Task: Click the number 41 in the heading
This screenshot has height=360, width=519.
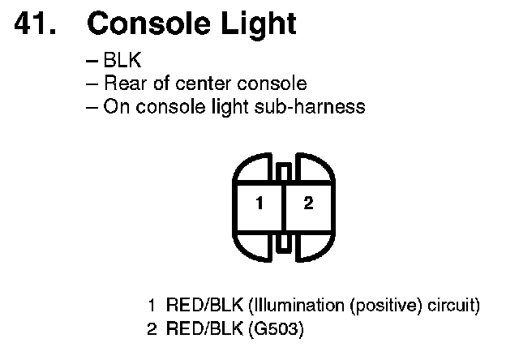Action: (x=35, y=24)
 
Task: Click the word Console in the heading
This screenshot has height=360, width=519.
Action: (x=139, y=24)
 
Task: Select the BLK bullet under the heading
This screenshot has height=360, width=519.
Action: (x=120, y=62)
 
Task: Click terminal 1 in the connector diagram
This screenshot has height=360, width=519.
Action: (x=259, y=204)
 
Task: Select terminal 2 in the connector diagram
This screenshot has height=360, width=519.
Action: (x=308, y=204)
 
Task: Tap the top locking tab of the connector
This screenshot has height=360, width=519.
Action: (x=283, y=172)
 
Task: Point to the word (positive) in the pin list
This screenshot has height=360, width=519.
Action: (x=386, y=306)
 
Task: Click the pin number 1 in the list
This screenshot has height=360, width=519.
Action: (x=152, y=306)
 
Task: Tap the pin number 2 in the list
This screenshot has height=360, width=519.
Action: (x=152, y=330)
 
